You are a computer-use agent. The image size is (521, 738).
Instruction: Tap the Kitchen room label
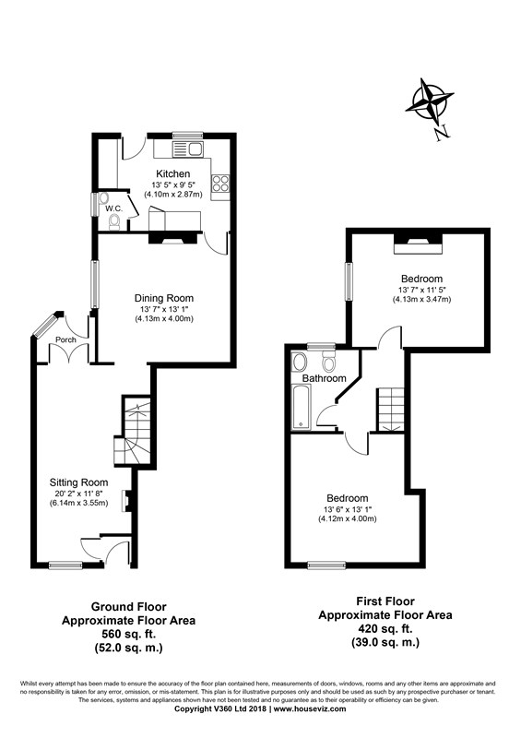pyautogui.click(x=172, y=173)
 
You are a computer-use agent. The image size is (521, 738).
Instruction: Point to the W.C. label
pyautogui.click(x=113, y=208)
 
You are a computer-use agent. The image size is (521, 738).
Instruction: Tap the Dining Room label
pyautogui.click(x=164, y=298)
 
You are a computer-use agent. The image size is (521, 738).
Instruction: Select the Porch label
pyautogui.click(x=65, y=339)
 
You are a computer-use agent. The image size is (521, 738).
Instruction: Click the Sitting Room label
pyautogui.click(x=79, y=482)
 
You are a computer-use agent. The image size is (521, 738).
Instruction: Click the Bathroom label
pyautogui.click(x=324, y=378)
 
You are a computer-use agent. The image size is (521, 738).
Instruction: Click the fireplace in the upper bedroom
pyautogui.click(x=419, y=243)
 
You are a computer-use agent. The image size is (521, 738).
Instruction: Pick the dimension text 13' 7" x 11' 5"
pyautogui.click(x=421, y=290)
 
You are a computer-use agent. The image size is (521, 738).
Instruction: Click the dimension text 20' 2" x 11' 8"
pyautogui.click(x=79, y=493)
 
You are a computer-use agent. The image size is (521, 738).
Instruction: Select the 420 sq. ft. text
pyautogui.click(x=385, y=628)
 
